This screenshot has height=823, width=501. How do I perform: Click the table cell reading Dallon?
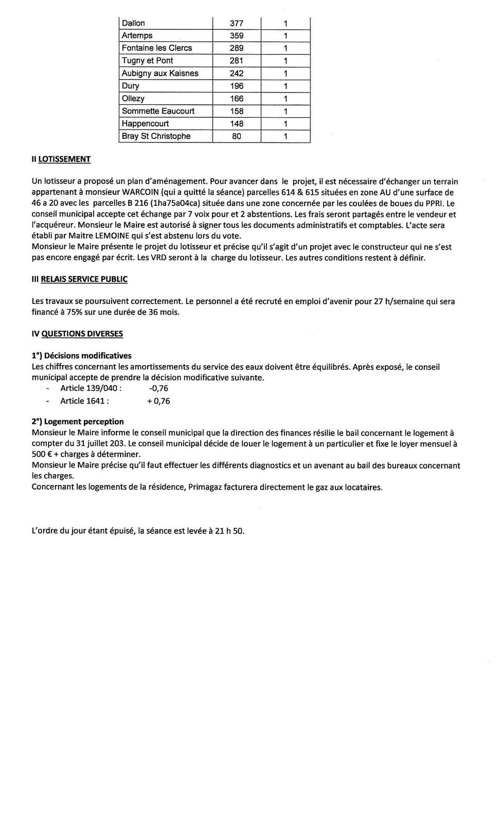(133, 23)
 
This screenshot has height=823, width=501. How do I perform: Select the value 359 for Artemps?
(237, 35)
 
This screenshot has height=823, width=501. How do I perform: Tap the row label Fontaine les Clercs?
(157, 48)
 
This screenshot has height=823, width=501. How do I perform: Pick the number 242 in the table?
(237, 73)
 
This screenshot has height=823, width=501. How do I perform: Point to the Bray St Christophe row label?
(156, 136)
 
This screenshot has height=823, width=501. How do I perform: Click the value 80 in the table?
(237, 136)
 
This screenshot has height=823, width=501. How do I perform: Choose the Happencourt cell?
(145, 123)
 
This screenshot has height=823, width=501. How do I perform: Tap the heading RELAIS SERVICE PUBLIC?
(84, 279)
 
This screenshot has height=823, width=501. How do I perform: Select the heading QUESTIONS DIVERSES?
(82, 334)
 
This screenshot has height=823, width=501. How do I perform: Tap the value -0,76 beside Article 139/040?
(158, 389)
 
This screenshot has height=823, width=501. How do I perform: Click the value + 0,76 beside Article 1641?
(158, 401)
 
